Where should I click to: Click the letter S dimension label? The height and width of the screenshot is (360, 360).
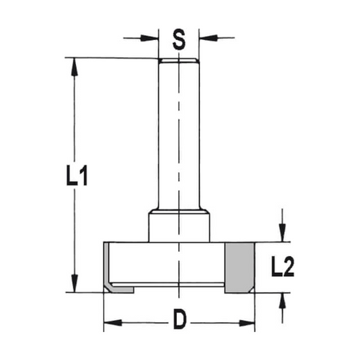pos(178,39)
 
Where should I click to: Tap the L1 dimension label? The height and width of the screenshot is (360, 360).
pos(77,175)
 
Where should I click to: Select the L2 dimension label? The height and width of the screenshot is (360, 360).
pos(282,266)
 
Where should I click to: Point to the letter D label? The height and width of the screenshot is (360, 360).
pos(179,319)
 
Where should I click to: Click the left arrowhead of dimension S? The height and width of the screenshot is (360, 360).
pos(150,38)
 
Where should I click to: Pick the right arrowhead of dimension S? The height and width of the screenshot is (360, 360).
pos(208,38)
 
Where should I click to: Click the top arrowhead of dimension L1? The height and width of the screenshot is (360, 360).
pos(74,67)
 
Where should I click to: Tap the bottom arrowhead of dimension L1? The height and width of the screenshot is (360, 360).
pos(74,283)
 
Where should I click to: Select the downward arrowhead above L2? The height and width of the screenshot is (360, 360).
pos(282,233)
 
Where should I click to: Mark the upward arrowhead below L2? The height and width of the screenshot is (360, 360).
pos(282,302)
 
